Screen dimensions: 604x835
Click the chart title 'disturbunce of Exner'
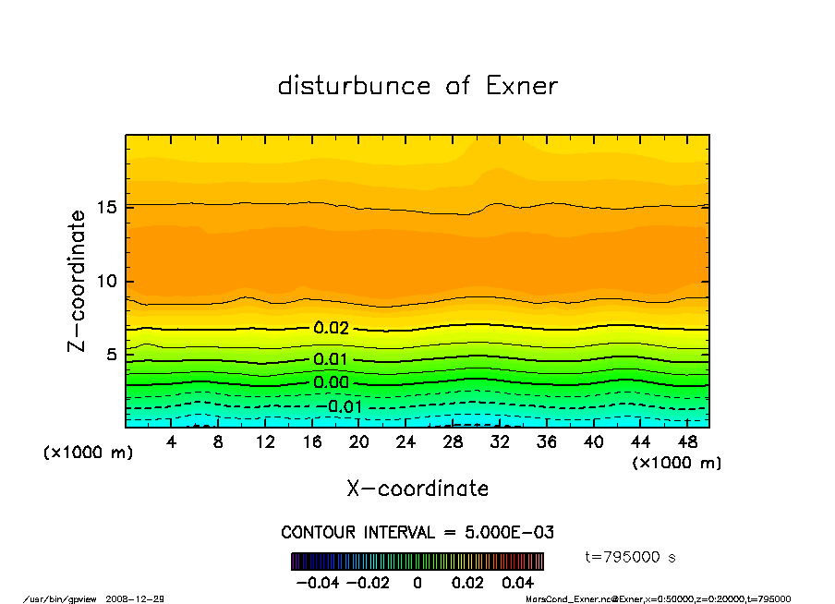coord(417,87)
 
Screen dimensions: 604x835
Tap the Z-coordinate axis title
coord(77,281)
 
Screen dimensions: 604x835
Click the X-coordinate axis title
coord(417,489)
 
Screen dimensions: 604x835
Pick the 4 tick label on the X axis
coord(172,442)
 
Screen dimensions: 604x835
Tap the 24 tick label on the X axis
coord(405,442)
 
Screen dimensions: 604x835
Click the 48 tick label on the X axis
coord(686,442)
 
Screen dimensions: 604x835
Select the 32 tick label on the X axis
coord(500,442)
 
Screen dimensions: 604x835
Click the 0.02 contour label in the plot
coord(331,328)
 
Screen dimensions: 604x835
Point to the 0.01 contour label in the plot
coord(331,359)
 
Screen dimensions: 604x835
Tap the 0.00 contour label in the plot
coord(331,382)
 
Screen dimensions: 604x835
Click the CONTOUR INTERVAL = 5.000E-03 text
coord(417,533)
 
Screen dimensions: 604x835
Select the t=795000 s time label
coord(631,557)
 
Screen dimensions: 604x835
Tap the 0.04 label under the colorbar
coord(518,583)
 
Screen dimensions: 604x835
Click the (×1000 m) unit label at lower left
coord(82,453)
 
